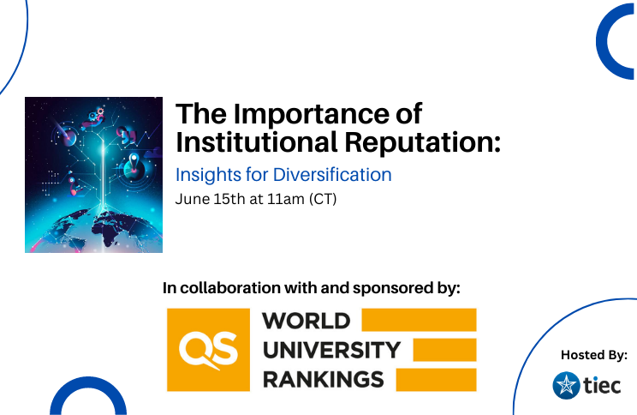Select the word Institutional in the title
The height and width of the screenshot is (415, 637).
tap(257, 142)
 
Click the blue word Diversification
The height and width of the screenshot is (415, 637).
tap(332, 175)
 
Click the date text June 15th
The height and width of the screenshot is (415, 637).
tap(211, 199)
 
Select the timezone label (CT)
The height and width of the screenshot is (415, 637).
tap(323, 200)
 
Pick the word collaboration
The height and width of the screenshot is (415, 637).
tap(230, 287)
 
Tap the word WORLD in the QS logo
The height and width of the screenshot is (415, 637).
tap(307, 321)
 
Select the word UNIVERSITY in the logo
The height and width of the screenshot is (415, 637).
tap(332, 350)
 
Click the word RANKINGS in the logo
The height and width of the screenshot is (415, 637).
tap(324, 379)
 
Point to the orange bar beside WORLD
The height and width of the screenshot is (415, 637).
tap(419, 320)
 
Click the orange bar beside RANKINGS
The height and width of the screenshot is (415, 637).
tap(436, 380)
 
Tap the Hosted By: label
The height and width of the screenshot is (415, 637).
tap(594, 355)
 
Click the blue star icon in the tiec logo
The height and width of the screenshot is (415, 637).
tap(566, 385)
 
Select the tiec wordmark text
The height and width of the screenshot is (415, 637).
tap(602, 385)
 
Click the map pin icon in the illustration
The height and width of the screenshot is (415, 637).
tap(134, 162)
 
